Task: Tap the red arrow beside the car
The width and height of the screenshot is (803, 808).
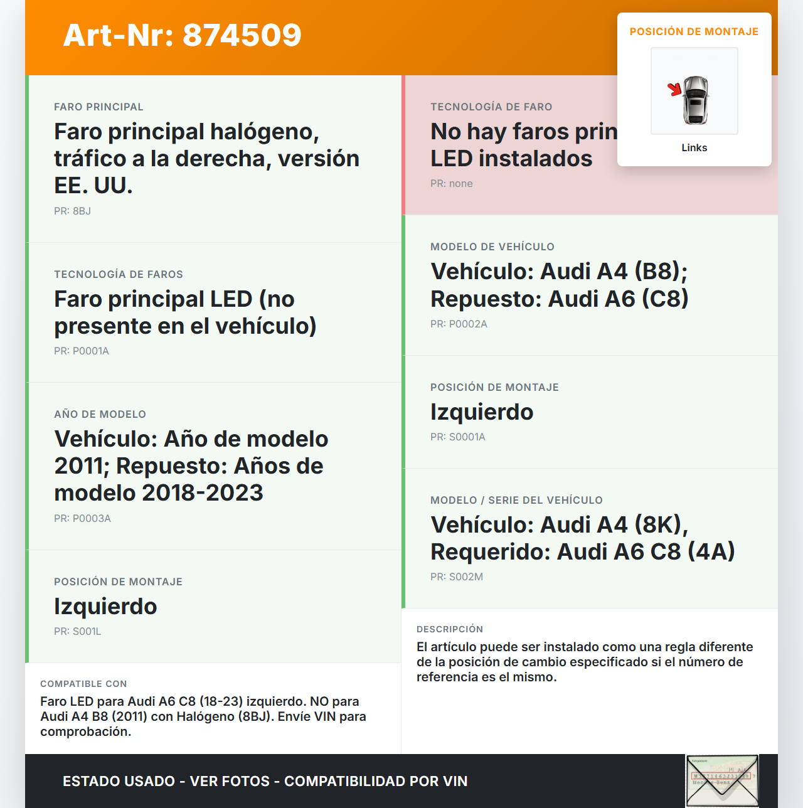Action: pyautogui.click(x=674, y=89)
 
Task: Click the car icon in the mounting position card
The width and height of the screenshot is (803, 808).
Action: pyautogui.click(x=695, y=100)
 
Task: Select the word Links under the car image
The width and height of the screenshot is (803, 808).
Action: pyautogui.click(x=694, y=147)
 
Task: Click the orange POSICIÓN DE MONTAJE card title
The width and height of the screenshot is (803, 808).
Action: pyautogui.click(x=694, y=31)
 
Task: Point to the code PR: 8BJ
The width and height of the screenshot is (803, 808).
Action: pyautogui.click(x=72, y=211)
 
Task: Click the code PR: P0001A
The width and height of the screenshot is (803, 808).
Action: pyautogui.click(x=82, y=351)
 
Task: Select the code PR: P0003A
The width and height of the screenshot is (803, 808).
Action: pyautogui.click(x=82, y=518)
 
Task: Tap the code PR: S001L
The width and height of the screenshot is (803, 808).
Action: pyautogui.click(x=77, y=631)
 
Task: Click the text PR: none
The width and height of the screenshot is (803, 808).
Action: pyautogui.click(x=451, y=183)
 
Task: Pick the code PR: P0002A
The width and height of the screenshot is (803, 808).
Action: pyautogui.click(x=459, y=324)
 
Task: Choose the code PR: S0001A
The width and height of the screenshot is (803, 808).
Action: pyautogui.click(x=457, y=437)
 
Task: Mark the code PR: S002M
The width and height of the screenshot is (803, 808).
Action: pyautogui.click(x=456, y=577)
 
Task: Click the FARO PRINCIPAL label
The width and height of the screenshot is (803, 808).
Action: pyautogui.click(x=98, y=107)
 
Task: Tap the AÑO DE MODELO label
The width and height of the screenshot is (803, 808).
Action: pyautogui.click(x=100, y=414)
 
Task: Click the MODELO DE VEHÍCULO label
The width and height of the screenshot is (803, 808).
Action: pyautogui.click(x=492, y=247)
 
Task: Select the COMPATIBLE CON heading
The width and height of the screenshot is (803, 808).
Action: pyautogui.click(x=83, y=684)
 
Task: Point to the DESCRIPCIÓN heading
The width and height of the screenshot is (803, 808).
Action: pyautogui.click(x=449, y=629)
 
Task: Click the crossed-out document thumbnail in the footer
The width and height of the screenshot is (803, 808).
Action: pyautogui.click(x=722, y=780)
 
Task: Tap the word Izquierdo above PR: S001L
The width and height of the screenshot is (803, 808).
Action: pyautogui.click(x=105, y=607)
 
